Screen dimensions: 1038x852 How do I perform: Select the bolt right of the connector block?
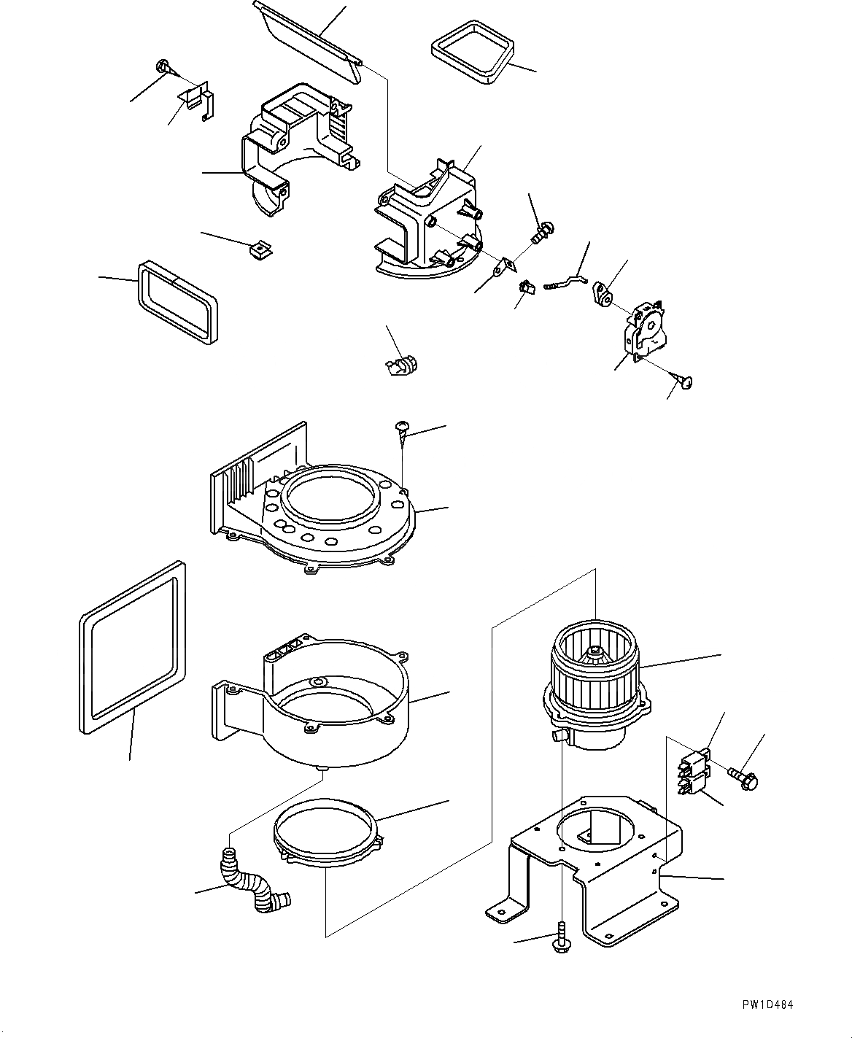743,778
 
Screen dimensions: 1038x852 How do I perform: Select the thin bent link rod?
566,281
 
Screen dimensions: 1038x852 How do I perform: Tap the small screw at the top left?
164,68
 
